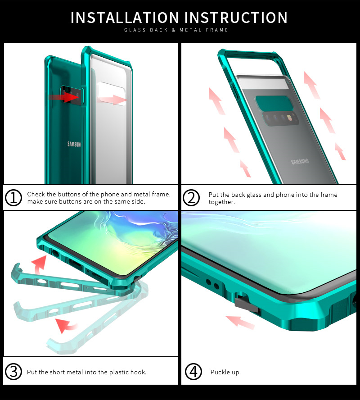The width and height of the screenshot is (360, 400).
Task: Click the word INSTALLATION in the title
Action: click(125, 18)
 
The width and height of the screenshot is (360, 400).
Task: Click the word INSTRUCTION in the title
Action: click(236, 18)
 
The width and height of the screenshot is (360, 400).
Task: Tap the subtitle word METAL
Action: click(191, 30)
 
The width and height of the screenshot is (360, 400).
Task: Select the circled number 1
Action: click(13, 198)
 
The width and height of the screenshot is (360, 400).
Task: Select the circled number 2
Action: click(191, 198)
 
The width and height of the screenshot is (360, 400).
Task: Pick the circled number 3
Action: click(13, 372)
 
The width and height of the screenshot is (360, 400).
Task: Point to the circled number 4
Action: click(193, 372)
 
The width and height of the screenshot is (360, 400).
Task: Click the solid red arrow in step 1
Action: click(65, 97)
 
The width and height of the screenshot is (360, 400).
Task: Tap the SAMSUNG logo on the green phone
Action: click(74, 144)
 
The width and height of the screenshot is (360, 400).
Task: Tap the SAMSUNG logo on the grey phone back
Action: click(300, 161)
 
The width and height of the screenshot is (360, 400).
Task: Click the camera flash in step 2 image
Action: click(289, 118)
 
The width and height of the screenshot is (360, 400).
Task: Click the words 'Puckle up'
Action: click(225, 373)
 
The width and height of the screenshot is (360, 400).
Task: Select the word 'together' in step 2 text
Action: click(221, 202)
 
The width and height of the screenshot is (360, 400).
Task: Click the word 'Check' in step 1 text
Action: click(36, 194)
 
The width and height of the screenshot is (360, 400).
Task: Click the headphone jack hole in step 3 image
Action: click(55, 253)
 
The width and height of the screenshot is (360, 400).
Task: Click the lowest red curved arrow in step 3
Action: click(66, 326)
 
